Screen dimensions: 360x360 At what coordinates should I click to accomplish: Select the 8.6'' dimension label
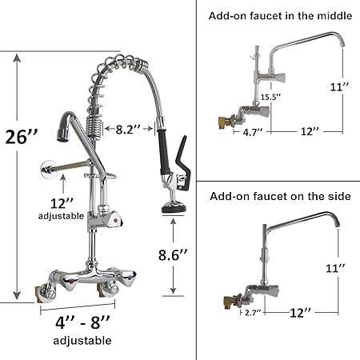point(173,255)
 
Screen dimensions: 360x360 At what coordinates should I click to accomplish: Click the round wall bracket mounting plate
point(49,169)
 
